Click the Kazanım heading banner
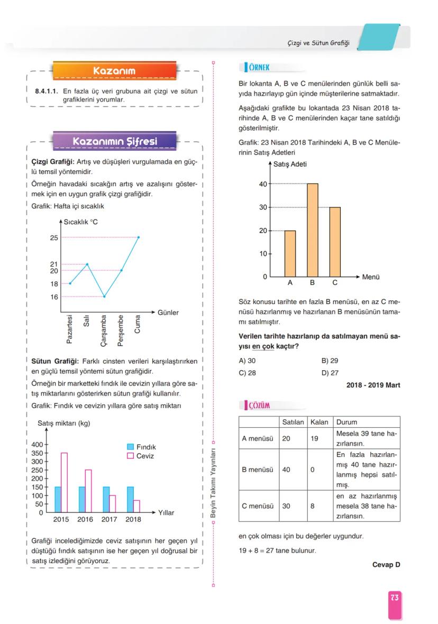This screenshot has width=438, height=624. coord(114,70)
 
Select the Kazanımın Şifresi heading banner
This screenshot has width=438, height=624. coord(114,142)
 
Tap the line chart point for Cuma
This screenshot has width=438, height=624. coord(139,237)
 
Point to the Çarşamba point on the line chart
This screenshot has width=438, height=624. coord(104,297)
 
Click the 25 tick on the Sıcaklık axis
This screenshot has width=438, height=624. coord(54,237)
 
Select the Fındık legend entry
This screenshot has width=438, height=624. coord(141,447)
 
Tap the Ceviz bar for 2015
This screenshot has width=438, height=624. coord(64,482)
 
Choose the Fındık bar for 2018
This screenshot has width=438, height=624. coord(130,499)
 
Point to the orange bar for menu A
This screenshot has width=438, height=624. coord(290,253)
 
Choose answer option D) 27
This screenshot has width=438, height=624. coord(330,372)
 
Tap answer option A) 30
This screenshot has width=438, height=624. coord(247,361)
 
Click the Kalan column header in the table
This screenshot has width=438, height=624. coord(320,422)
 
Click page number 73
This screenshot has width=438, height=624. coord(395,598)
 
